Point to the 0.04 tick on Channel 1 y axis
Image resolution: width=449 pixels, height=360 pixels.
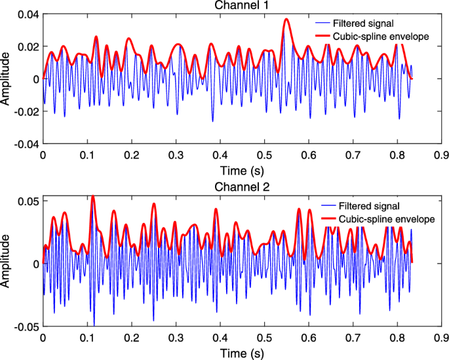pyautogui.click(x=28, y=14)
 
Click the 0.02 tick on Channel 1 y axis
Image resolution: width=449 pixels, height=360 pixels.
pyautogui.click(x=28, y=47)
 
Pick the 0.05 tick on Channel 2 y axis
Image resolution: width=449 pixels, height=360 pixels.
pyautogui.click(x=28, y=200)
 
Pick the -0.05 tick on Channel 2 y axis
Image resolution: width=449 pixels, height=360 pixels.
pyautogui.click(x=26, y=327)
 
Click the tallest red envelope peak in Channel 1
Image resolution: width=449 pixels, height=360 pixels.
pyautogui.click(x=286, y=20)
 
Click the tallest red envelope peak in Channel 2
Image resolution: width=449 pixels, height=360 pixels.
pyautogui.click(x=92, y=196)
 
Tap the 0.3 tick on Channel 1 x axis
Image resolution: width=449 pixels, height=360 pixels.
pyautogui.click(x=176, y=155)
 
